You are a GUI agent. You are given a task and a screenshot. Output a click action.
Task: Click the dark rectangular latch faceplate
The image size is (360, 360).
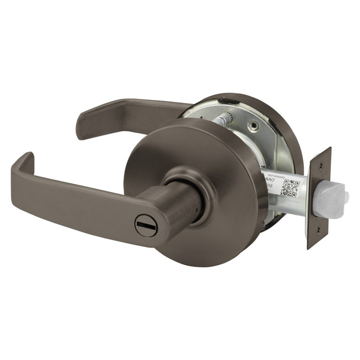[319, 195]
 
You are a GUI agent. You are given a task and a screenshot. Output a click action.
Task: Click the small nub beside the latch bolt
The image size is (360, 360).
[346, 196]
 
